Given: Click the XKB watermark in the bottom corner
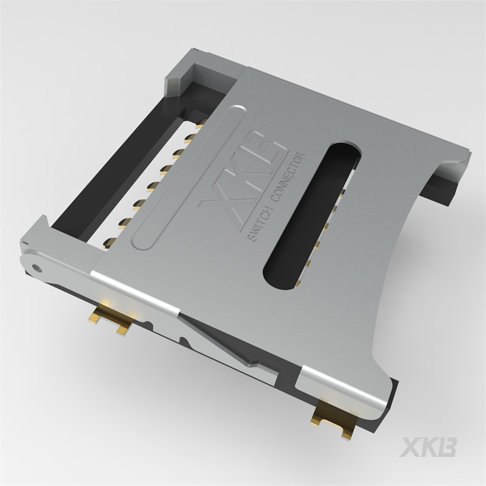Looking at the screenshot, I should pyautogui.click(x=428, y=447).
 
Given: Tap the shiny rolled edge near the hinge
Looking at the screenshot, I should pyautogui.click(x=130, y=289).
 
